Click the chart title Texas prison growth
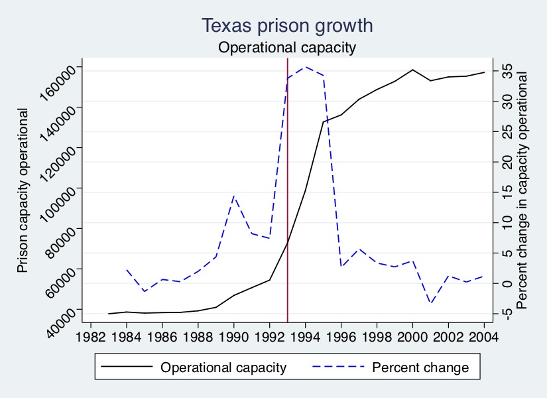point(287,26)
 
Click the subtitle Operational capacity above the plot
point(287,48)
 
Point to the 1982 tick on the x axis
point(91,336)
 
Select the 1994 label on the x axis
point(305,336)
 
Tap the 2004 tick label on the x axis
point(484,336)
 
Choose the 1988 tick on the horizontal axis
point(198,336)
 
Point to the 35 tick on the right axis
point(506,71)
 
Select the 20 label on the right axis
point(506,162)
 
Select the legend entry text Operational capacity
point(223,367)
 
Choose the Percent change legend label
point(420,367)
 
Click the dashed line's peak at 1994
point(305,66)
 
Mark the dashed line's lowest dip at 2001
point(430,303)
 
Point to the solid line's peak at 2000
point(412,70)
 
